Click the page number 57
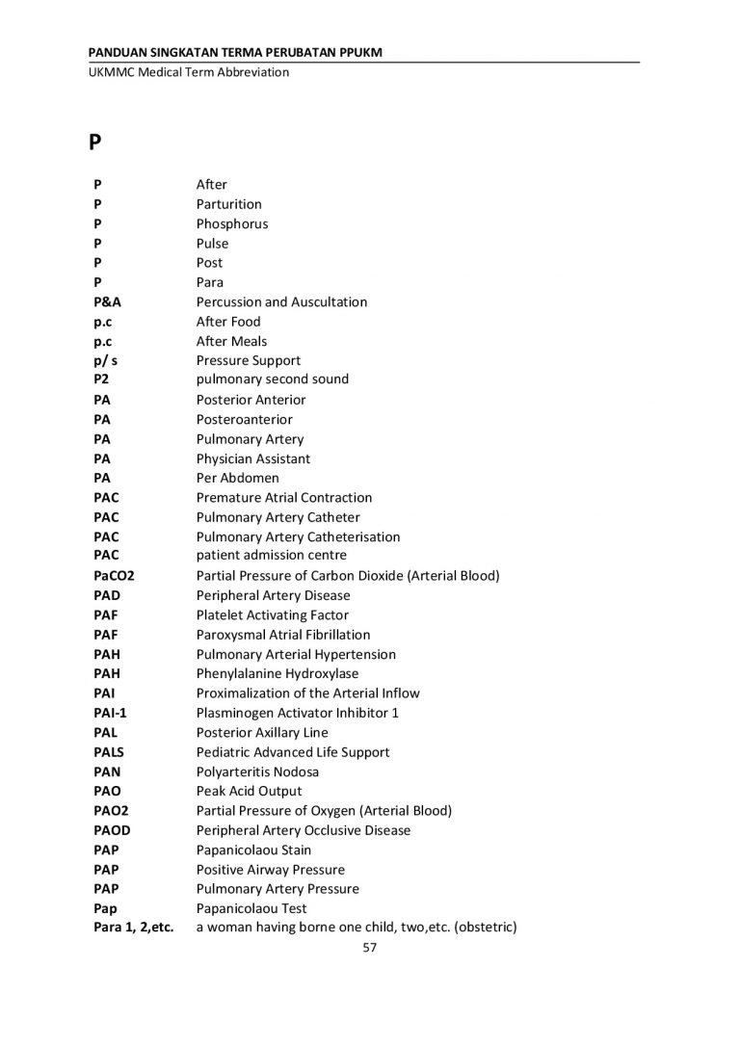click(369, 948)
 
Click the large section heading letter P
click(95, 142)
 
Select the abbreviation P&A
click(108, 301)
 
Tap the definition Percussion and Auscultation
click(281, 301)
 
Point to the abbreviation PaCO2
click(115, 576)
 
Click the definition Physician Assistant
click(253, 458)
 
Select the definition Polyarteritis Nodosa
click(258, 771)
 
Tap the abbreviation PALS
click(109, 752)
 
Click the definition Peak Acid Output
click(249, 791)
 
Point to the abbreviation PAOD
click(112, 830)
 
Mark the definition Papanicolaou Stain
click(253, 850)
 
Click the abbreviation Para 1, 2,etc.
click(134, 928)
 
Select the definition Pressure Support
click(249, 360)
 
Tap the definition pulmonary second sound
click(273, 379)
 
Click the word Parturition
click(228, 204)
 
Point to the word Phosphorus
click(232, 223)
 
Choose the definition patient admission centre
click(272, 556)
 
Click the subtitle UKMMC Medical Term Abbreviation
click(188, 72)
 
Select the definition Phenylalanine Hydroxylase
click(277, 673)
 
